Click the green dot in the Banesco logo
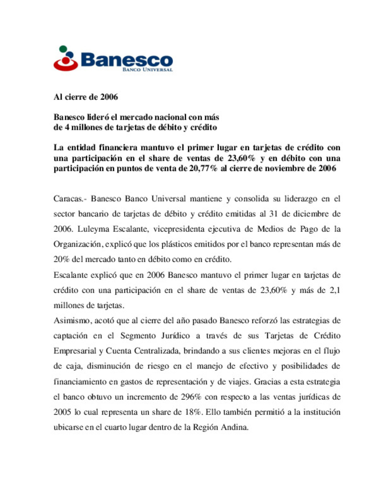(63, 49)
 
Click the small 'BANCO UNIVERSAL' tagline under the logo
(147, 69)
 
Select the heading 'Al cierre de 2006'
(86, 97)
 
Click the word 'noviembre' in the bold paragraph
(287, 168)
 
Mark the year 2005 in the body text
(62, 412)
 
